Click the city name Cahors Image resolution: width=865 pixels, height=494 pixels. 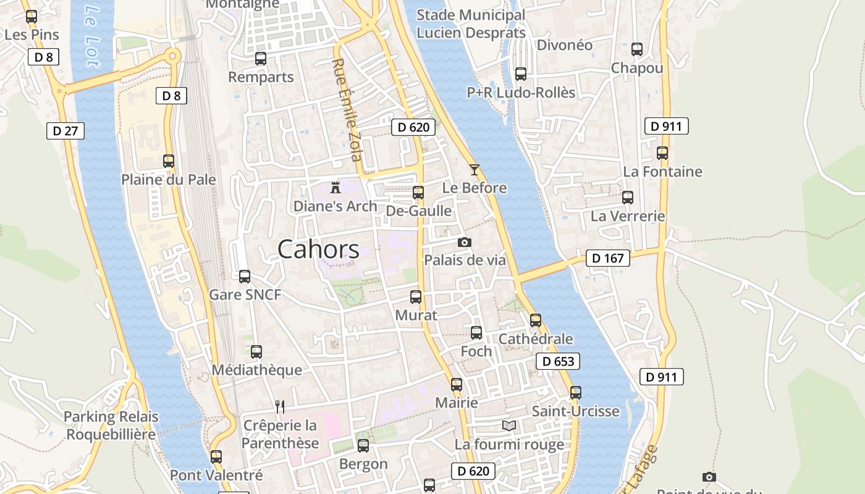point(318,249)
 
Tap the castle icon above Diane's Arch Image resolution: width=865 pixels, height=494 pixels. point(335,187)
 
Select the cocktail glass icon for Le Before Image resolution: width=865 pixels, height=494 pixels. point(475,170)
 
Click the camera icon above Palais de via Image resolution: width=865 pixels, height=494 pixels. point(464,243)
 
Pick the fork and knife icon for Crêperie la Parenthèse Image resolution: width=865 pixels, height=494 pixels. point(280,406)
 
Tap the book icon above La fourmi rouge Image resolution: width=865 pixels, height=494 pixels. point(509,426)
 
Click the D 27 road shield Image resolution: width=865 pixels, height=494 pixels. point(65,131)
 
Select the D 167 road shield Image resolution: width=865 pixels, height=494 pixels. point(607,258)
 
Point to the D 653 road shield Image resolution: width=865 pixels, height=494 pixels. point(558,362)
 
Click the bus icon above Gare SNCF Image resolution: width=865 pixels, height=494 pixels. point(245,277)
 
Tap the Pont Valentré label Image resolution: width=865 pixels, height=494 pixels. point(216,475)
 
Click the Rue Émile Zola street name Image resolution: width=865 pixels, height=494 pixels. point(347,110)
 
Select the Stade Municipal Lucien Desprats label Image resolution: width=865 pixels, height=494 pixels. point(471,24)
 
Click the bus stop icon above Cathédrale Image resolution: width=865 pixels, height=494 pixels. point(536,320)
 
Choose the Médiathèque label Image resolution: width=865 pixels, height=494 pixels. point(256,370)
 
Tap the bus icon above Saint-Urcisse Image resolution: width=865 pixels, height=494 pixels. point(576,393)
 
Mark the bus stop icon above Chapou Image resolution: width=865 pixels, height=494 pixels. point(637,49)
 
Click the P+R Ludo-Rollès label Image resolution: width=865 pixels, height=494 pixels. point(521,93)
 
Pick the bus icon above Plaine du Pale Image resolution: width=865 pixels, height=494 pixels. point(169,161)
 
